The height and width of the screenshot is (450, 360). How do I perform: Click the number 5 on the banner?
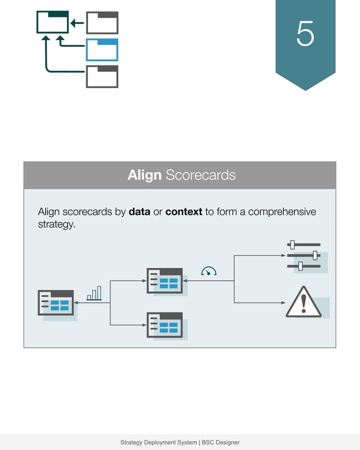click(x=305, y=35)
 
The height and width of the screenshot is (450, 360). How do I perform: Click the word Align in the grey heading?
click(x=144, y=175)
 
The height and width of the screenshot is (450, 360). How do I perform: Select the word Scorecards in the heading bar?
click(x=200, y=175)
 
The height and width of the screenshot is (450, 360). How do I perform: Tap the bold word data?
click(x=139, y=212)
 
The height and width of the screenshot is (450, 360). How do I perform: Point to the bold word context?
click(x=183, y=212)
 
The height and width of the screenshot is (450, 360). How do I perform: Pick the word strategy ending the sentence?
click(x=56, y=224)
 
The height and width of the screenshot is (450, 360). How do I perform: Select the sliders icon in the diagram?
click(x=304, y=255)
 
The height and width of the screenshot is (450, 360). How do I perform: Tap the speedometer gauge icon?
click(x=209, y=272)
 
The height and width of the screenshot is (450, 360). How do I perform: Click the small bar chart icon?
click(x=94, y=293)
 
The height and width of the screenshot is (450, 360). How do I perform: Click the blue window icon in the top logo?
click(x=102, y=50)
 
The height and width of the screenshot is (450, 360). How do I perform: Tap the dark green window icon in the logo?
click(x=52, y=22)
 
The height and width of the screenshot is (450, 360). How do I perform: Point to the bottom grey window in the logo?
click(x=102, y=76)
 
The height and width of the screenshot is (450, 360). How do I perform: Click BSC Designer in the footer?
click(x=221, y=443)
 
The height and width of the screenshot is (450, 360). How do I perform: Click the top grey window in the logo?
click(x=102, y=23)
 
